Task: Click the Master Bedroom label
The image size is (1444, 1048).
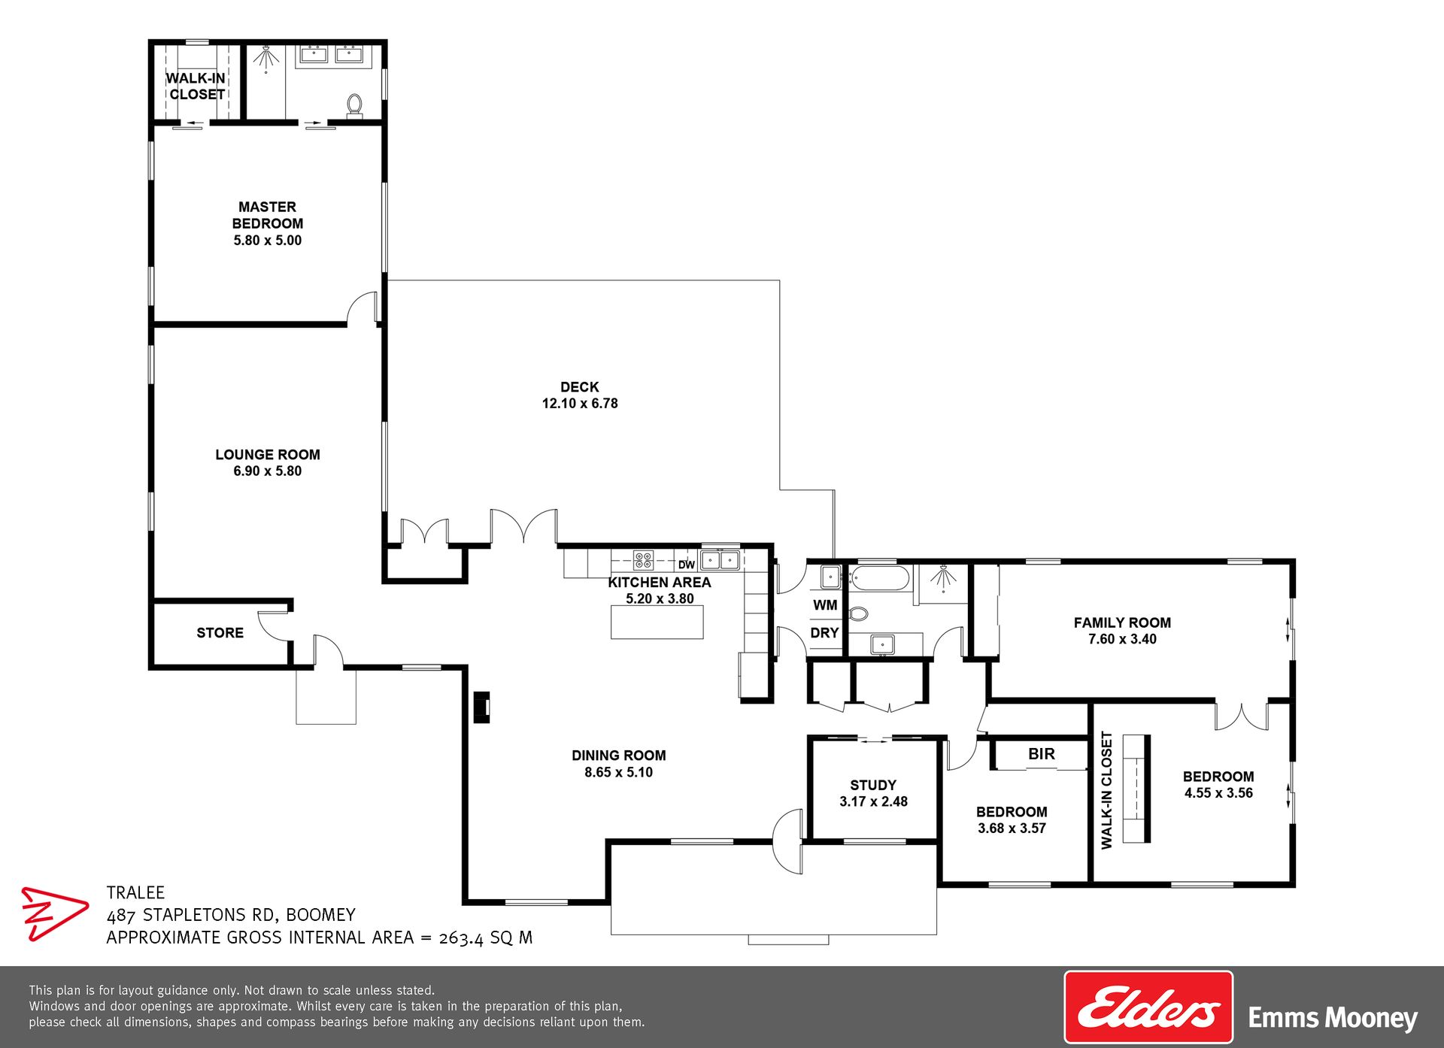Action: pos(268,215)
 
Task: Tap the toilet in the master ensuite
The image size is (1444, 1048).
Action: pos(355,105)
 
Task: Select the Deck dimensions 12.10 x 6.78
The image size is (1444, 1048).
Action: pos(580,404)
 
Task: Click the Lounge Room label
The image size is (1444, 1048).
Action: pos(268,455)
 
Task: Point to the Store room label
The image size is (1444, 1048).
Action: pos(220,633)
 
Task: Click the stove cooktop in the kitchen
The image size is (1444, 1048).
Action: pos(643,560)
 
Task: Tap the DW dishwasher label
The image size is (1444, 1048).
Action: pos(687,565)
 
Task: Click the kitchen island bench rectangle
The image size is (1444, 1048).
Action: pos(657,622)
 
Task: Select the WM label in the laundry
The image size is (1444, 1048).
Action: pos(825,605)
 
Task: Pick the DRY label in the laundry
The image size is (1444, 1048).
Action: pos(824,633)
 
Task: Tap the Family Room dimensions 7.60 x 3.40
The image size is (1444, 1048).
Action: pos(1122,639)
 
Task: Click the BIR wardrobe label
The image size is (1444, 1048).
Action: pos(1042,754)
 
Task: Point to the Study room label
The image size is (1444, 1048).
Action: pos(873,786)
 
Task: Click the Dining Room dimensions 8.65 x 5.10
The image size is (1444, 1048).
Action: pos(619,772)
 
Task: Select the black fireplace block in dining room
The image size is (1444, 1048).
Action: pos(481,707)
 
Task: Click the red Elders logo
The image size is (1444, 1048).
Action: pos(1148,1007)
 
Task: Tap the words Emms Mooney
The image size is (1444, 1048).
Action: pos(1333,1019)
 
